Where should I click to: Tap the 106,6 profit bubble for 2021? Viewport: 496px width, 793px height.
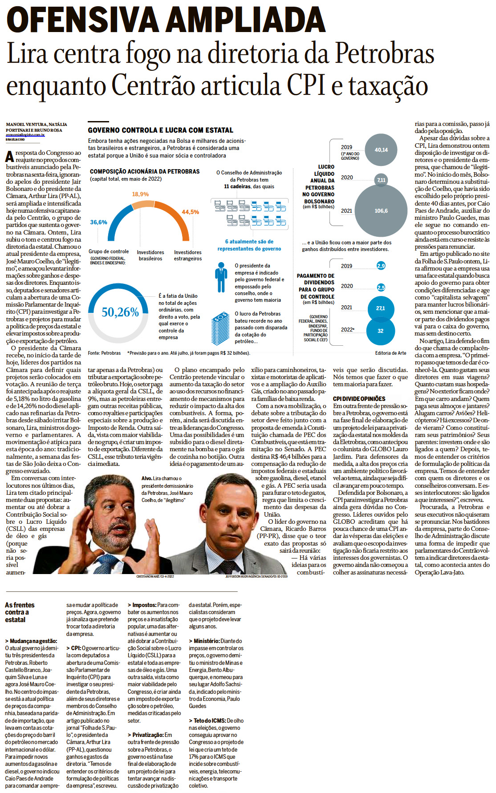click(381, 210)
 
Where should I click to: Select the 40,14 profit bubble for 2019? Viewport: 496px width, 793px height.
click(381, 150)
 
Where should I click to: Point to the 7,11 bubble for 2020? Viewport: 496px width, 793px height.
click(381, 180)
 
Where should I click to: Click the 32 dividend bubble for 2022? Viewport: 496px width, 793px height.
click(380, 331)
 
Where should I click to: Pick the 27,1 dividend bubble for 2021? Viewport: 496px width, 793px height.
click(381, 308)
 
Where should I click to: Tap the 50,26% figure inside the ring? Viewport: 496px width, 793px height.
click(120, 312)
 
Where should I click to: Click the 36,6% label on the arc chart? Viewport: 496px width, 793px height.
click(98, 222)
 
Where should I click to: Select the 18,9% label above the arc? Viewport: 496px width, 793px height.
click(140, 194)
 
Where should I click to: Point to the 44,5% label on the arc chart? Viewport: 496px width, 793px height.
click(190, 212)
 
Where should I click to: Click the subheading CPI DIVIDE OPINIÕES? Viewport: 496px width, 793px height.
click(359, 399)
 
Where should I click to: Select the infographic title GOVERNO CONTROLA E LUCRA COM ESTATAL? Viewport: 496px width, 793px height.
click(160, 130)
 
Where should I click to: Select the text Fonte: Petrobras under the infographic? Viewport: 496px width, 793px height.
click(104, 353)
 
